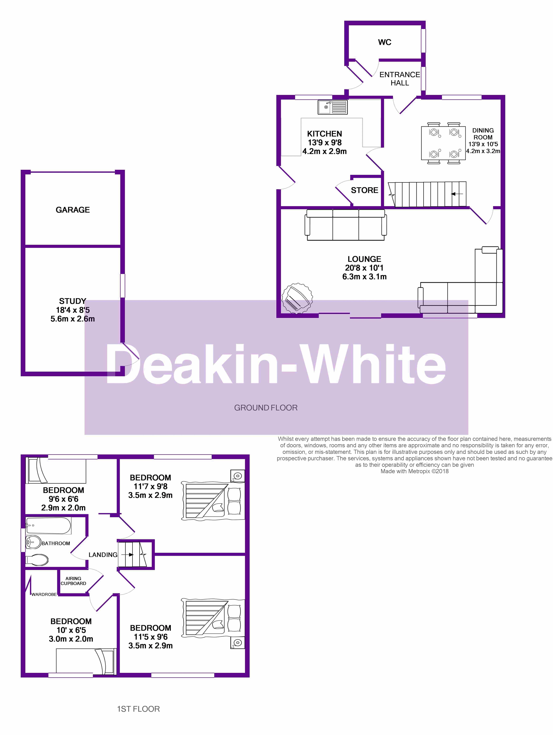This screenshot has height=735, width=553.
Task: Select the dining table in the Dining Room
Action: pyautogui.click(x=443, y=143)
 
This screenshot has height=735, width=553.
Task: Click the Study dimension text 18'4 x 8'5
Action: pyautogui.click(x=73, y=310)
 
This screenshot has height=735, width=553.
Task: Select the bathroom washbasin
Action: pyautogui.click(x=33, y=543)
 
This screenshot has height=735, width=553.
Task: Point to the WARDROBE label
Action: pyautogui.click(x=44, y=595)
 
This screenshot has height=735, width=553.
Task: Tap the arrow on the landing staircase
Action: pyautogui.click(x=127, y=555)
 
